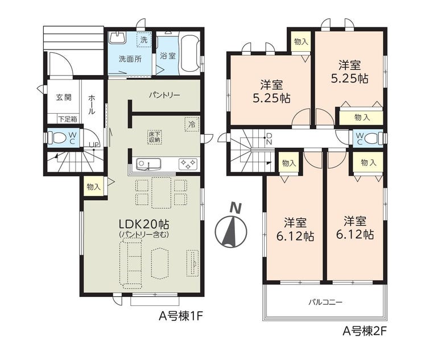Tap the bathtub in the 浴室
[x=190, y=54]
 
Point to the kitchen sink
[x=148, y=164]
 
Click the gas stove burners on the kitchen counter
[x=188, y=164]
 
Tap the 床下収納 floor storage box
[x=155, y=137]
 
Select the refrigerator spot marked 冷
[x=192, y=124]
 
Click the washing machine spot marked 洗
[x=144, y=40]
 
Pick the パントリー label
[x=164, y=96]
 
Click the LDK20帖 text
[x=144, y=224]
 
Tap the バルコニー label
[x=325, y=303]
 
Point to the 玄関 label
[x=64, y=97]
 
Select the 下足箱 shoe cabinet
[x=68, y=119]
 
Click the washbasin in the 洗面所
[x=118, y=38]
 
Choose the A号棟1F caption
[x=180, y=316]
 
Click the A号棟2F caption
[x=365, y=331]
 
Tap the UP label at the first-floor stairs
[x=94, y=144]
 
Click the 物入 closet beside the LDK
[x=94, y=187]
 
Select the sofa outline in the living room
[x=130, y=264]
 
